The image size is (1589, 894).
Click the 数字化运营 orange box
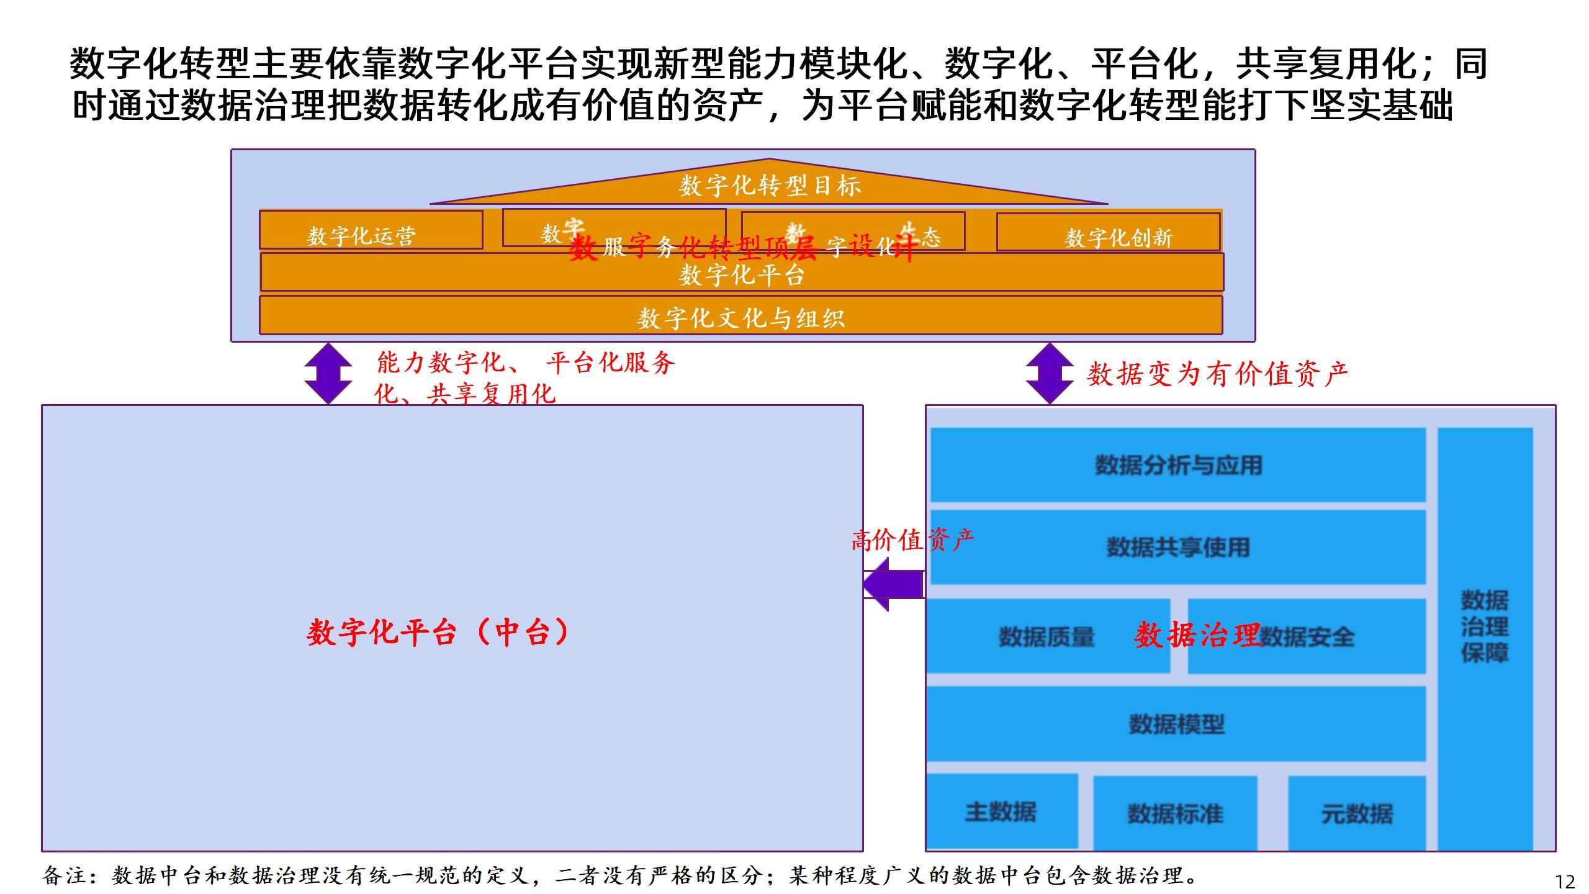(371, 230)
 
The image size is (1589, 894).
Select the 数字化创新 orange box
(1108, 232)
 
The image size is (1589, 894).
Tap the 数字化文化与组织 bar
(741, 316)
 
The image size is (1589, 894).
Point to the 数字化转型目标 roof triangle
(769, 185)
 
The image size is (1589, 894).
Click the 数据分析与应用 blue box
(1177, 465)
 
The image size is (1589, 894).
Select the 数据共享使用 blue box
(1177, 547)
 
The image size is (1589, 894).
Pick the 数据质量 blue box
(1047, 636)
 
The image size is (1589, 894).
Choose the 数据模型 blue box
(1176, 724)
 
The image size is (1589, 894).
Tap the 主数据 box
(1001, 811)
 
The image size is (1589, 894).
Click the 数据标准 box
(1175, 813)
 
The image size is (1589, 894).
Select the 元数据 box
(1357, 813)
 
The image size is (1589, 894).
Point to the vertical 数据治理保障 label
(1484, 627)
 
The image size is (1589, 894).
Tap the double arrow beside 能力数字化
(328, 373)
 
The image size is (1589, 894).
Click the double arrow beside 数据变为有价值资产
(1049, 373)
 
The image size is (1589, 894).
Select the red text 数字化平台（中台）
(438, 633)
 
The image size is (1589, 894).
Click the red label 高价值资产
(912, 540)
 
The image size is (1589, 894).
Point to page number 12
(1565, 882)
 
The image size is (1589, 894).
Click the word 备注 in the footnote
(65, 875)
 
